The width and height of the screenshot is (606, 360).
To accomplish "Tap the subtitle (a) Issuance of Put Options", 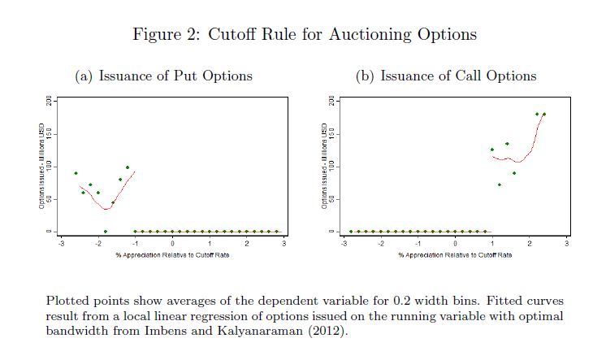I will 163,76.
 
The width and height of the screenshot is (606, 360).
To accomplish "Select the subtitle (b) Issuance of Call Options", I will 446,76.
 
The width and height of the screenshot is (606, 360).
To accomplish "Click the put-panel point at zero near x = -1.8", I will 106,232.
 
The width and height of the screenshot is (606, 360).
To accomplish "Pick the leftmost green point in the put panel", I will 76,173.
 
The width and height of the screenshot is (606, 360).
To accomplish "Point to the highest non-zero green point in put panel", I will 128,167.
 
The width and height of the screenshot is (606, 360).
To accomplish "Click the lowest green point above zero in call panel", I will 500,184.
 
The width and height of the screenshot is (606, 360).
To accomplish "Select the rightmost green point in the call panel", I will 544,114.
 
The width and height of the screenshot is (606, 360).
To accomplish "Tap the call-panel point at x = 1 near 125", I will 492,150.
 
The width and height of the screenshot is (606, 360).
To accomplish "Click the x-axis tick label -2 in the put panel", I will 97,244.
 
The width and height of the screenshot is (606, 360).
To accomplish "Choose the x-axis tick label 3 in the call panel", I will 567,244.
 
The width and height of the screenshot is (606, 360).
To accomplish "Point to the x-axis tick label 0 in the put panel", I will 172,244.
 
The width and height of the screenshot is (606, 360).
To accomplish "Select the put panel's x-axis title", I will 172,254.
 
